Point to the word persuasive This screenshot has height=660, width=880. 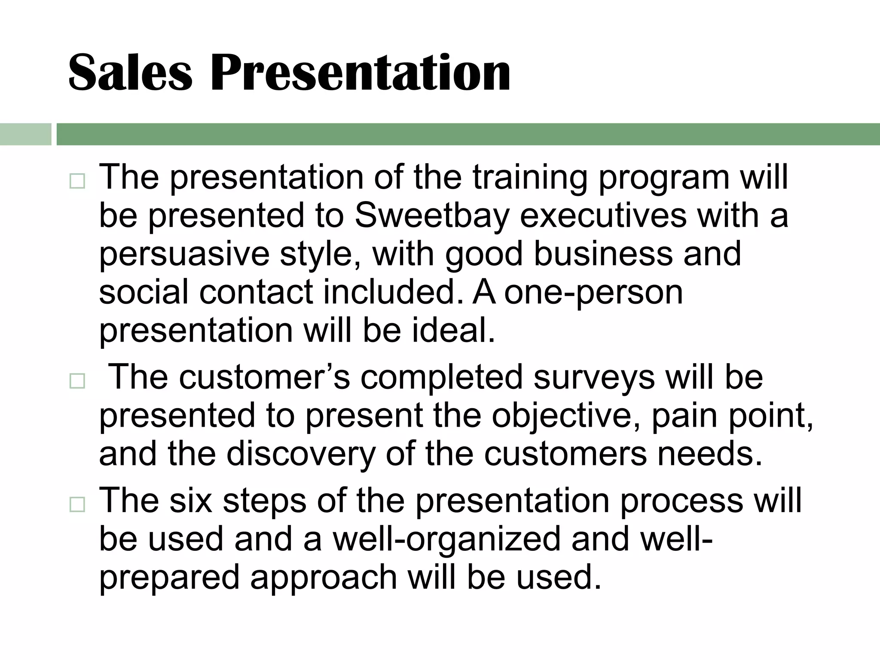[x=184, y=255]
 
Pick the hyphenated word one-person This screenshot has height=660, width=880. [x=593, y=293]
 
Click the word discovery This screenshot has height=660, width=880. [x=301, y=455]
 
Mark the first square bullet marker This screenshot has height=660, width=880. [x=77, y=182]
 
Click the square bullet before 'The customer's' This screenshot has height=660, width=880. [x=77, y=381]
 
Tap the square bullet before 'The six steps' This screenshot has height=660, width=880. [x=77, y=505]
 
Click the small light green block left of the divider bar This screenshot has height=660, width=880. [x=25, y=134]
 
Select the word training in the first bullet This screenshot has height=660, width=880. [x=530, y=177]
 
